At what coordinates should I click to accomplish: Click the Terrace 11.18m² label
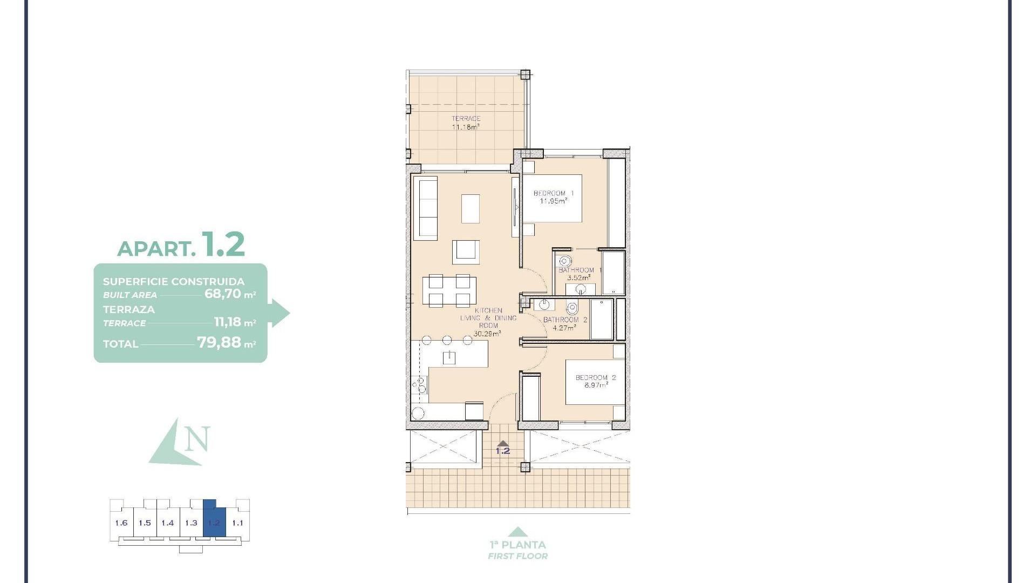pos(466,123)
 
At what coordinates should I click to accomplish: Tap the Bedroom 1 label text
pos(553,193)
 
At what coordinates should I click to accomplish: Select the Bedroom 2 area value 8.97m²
pos(596,385)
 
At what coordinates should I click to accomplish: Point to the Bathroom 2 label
pos(565,320)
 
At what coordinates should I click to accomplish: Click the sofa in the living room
pos(425,209)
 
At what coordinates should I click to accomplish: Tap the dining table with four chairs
pos(449,291)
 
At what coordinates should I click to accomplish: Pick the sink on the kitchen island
pos(449,357)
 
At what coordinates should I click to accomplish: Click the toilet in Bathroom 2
pos(572,308)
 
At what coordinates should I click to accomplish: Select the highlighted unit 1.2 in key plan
pos(214,522)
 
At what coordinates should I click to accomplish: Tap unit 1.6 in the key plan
pos(121,523)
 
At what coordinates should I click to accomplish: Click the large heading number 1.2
pos(223,245)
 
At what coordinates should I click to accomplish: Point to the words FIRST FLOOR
pos(517,556)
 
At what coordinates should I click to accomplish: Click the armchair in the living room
pos(465,252)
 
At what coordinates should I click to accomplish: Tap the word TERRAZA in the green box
pos(129,310)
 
